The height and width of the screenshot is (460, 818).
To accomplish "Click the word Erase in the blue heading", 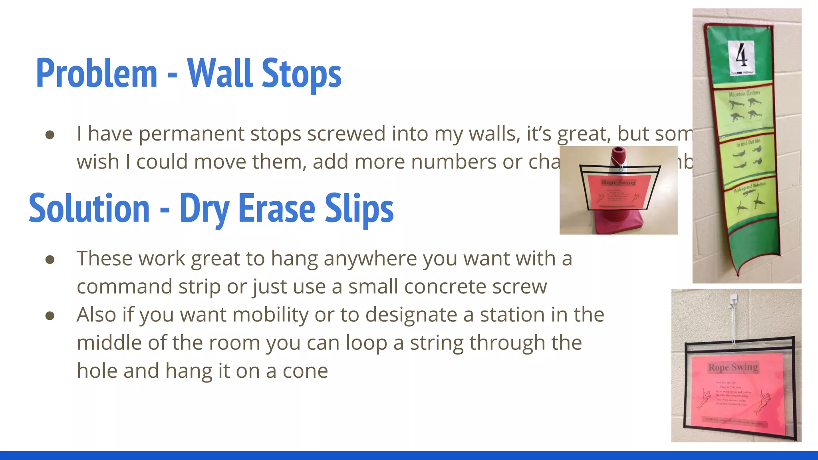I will pyautogui.click(x=277, y=209).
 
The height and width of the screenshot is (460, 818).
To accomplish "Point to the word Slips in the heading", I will pyautogui.click(x=359, y=209).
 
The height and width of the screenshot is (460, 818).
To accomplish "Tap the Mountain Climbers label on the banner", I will pyautogui.click(x=744, y=93).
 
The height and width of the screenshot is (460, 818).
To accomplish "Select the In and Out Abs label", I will pyautogui.click(x=748, y=142).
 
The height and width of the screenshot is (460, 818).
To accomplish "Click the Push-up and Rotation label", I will pyautogui.click(x=749, y=187).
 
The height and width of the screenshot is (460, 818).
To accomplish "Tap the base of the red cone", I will pyautogui.click(x=618, y=224).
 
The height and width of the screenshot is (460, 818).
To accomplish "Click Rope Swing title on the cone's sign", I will pyautogui.click(x=618, y=182).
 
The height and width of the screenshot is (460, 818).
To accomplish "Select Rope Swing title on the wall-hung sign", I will pyautogui.click(x=733, y=367).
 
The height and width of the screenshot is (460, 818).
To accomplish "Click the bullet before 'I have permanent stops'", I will pyautogui.click(x=50, y=135).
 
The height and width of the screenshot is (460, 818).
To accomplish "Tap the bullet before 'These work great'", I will pyautogui.click(x=50, y=260).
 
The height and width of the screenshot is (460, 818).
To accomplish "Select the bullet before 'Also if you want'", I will pyautogui.click(x=50, y=316).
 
